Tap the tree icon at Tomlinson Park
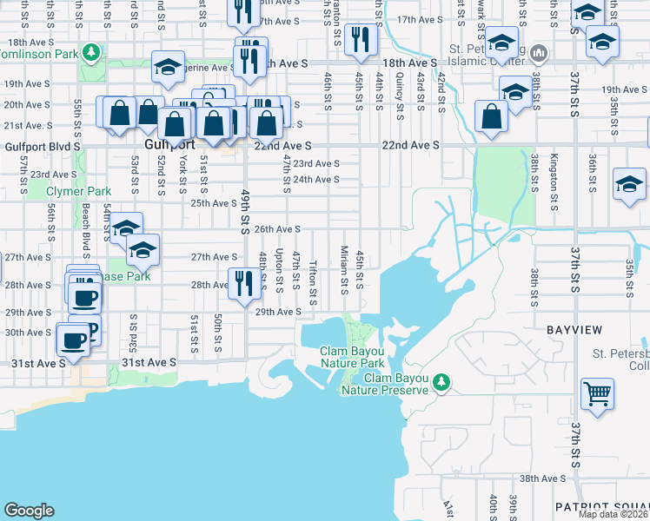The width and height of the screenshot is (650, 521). [90, 52]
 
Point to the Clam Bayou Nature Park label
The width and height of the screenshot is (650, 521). [352, 357]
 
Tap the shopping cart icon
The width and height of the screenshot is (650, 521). [597, 392]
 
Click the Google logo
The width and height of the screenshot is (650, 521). [29, 511]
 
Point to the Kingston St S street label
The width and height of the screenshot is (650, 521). [553, 183]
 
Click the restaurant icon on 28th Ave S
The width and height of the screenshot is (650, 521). [243, 282]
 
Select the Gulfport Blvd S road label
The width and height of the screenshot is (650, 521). [41, 147]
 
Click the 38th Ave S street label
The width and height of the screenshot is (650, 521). [544, 478]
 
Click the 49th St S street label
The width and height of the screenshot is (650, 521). [246, 213]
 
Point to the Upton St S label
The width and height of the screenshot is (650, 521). [279, 269]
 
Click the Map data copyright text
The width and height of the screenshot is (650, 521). [614, 514]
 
